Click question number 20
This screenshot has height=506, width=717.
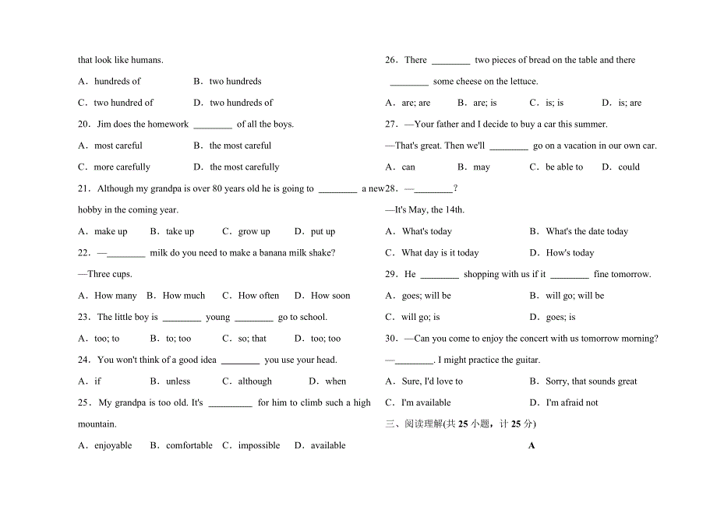point(83,124)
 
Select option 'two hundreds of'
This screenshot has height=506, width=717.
point(241,103)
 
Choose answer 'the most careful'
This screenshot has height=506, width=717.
point(240,146)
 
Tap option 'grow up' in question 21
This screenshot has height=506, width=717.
point(254,231)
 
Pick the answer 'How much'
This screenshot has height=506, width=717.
point(184,296)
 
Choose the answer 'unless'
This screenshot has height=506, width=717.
point(178,381)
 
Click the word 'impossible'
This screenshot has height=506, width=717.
point(259,445)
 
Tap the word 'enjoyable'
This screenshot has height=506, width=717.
point(113,445)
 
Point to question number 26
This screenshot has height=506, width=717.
point(391,60)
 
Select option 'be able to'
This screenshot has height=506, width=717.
point(564,167)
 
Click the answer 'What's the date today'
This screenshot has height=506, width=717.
point(587,231)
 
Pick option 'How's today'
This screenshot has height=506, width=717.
point(570,253)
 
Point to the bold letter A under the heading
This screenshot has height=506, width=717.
point(532,445)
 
